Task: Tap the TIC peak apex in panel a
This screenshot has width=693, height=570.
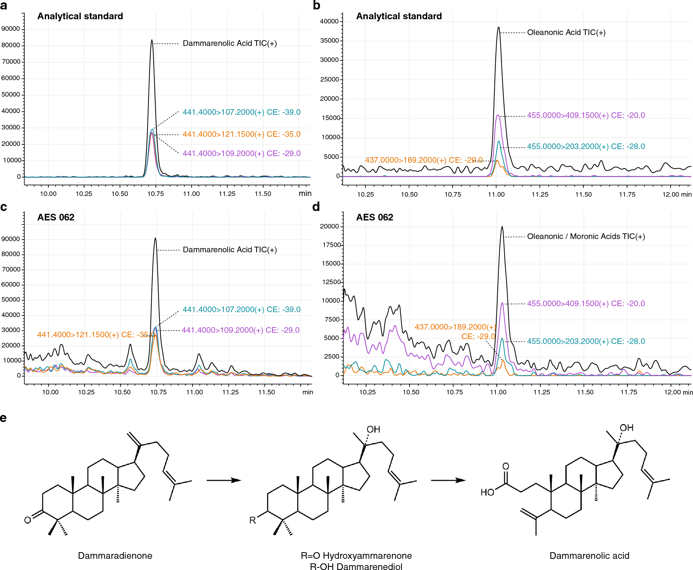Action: pyautogui.click(x=152, y=40)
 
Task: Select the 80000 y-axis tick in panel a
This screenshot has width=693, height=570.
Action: pyautogui.click(x=11, y=45)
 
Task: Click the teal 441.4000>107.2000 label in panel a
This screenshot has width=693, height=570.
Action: pyautogui.click(x=241, y=112)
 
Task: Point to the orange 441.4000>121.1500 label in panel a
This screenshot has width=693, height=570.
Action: pyautogui.click(x=241, y=134)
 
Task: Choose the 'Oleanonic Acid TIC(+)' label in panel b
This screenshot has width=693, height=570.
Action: pyautogui.click(x=566, y=33)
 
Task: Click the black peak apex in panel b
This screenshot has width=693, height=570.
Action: pyautogui.click(x=499, y=27)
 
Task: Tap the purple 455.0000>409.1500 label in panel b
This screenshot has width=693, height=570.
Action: pyautogui.click(x=586, y=115)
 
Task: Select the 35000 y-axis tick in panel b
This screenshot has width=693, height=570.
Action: pyautogui.click(x=329, y=41)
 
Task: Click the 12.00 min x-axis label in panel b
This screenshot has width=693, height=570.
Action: pyautogui.click(x=677, y=195)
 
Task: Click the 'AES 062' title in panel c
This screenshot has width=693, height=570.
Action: pyautogui.click(x=56, y=217)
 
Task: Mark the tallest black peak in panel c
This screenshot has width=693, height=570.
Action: pyautogui.click(x=155, y=238)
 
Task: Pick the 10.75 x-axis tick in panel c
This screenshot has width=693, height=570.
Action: pyautogui.click(x=158, y=392)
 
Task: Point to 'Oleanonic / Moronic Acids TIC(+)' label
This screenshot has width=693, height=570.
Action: pyautogui.click(x=586, y=237)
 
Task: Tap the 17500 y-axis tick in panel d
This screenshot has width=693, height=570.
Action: pyautogui.click(x=331, y=245)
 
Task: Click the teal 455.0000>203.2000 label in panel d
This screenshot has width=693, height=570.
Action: pyautogui.click(x=586, y=342)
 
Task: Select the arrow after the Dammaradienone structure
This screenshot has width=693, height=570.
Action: pyautogui.click(x=224, y=480)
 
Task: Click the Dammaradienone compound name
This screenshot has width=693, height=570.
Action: pyautogui.click(x=115, y=556)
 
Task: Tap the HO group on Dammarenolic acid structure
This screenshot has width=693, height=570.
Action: pyautogui.click(x=487, y=492)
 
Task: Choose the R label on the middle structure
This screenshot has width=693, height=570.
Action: pyautogui.click(x=252, y=520)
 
